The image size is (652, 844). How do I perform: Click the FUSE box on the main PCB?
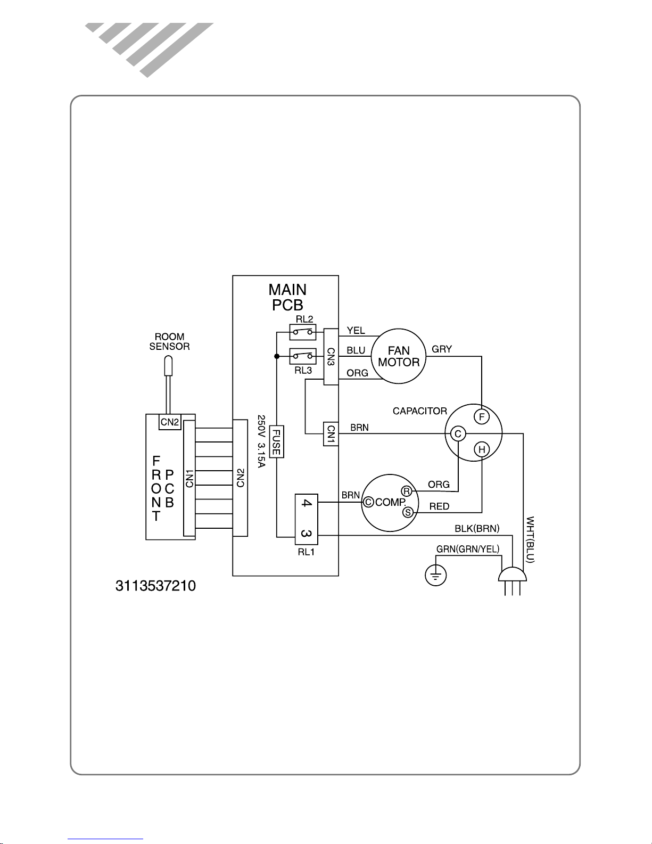pos(276,441)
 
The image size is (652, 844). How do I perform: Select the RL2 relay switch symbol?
pos(302,332)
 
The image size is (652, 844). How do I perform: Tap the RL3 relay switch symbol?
pos(302,355)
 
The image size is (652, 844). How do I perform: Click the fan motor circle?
pos(399,356)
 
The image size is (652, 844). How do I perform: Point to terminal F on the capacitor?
pos(481,416)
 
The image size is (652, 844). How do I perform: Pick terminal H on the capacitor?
pos(482,449)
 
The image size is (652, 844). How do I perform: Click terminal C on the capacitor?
pos(458,434)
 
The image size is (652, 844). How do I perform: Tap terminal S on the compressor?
pos(408,512)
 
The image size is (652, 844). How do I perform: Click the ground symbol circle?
pos(436,575)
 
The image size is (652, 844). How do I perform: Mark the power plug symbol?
pos(512,578)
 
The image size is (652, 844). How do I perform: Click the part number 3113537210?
pos(155,586)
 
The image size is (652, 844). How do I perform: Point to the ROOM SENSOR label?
pos(169,341)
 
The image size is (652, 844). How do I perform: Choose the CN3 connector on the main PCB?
pos(331,356)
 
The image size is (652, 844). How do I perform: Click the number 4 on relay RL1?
pos(306,503)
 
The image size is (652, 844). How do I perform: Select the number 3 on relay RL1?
pos(306,533)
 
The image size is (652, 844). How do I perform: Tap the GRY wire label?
pos(442,349)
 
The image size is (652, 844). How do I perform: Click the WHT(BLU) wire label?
pos(530,539)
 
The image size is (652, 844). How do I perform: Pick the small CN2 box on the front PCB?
pos(170,422)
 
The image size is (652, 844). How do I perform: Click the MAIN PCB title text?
pos(287,297)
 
